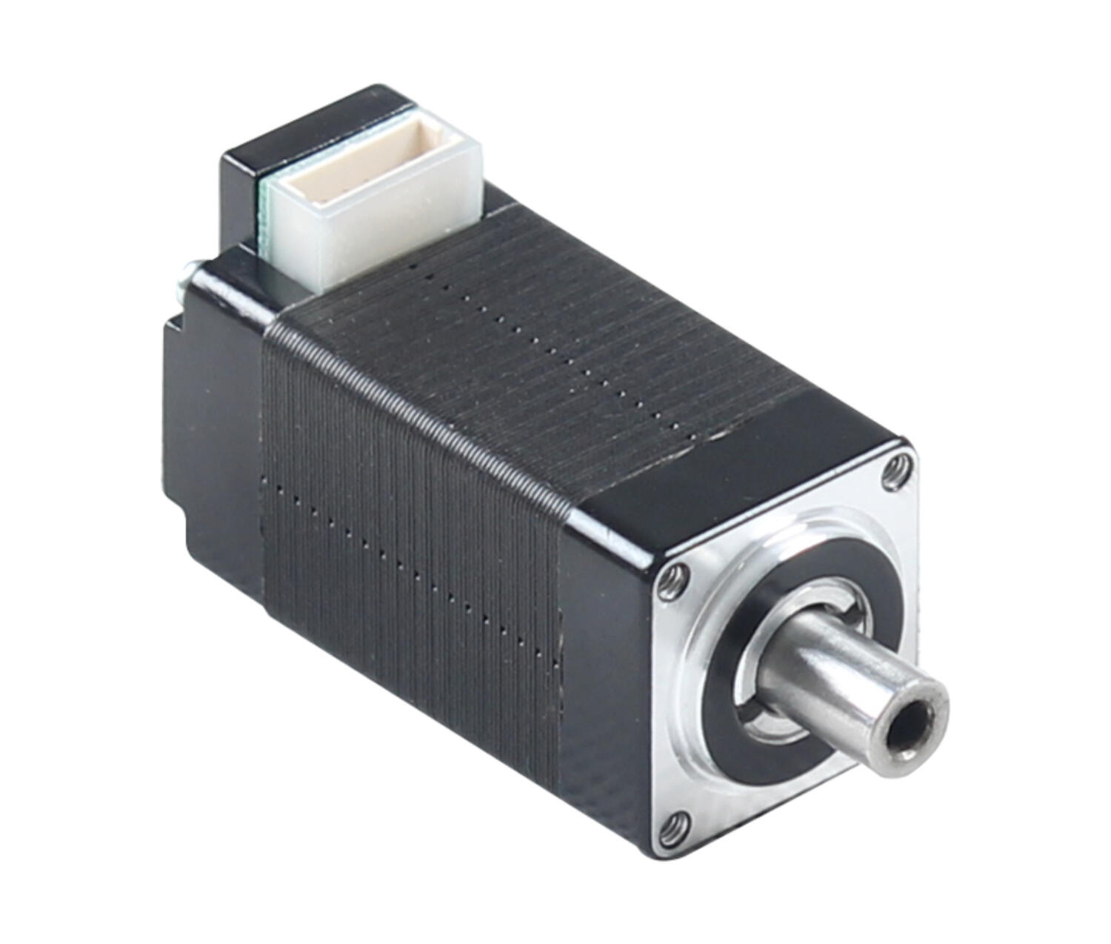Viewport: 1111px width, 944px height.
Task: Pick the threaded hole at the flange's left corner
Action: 672,581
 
